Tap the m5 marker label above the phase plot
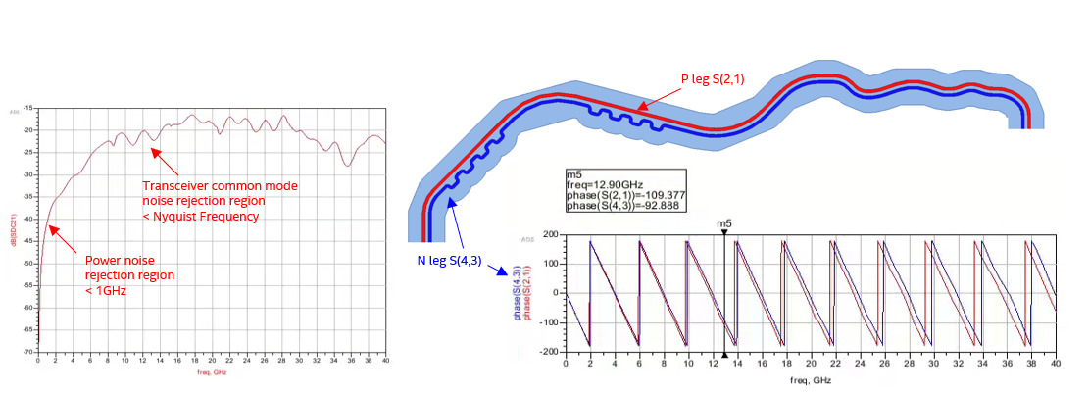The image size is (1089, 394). coord(724,223)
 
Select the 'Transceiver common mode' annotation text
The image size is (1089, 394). coord(221,186)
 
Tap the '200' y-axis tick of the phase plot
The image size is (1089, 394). coord(551,236)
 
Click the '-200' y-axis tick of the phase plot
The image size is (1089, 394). coord(549,351)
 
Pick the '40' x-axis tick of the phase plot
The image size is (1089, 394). coord(1056,364)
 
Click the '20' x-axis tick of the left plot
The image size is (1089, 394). coord(211,362)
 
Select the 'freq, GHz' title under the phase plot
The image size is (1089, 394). coord(810,379)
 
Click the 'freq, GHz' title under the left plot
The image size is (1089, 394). coord(211,373)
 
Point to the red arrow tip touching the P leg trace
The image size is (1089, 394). coord(633,110)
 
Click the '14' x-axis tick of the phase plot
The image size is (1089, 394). coord(736,364)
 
